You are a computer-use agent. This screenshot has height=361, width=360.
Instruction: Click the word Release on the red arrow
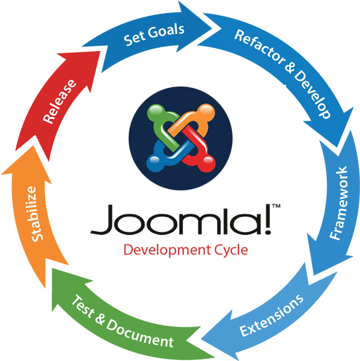coord(59,102)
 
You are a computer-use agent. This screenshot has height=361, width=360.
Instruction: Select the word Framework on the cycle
coord(338,203)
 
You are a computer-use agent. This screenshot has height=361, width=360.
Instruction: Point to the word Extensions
coord(272,315)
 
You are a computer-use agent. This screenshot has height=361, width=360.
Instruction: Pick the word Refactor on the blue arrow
coord(259,46)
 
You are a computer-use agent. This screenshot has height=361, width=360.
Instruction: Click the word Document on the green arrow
coord(139,333)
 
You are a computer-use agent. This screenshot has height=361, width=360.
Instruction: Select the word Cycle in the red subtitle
coord(231,250)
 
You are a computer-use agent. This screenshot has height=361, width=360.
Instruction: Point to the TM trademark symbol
coord(276,206)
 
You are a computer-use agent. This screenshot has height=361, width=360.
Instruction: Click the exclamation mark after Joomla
coord(267,219)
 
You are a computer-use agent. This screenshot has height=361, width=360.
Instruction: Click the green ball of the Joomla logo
coord(156,112)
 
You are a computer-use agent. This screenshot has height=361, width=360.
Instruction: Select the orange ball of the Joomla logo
coord(206,112)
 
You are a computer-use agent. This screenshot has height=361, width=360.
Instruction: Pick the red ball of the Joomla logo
coord(207,163)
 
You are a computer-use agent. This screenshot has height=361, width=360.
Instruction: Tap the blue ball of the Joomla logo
coord(156,163)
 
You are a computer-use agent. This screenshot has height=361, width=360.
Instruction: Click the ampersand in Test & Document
coord(100,317)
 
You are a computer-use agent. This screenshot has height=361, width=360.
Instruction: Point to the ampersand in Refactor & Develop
coord(289,68)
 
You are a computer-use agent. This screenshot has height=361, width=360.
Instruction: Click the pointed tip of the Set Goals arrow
coord(212,29)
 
